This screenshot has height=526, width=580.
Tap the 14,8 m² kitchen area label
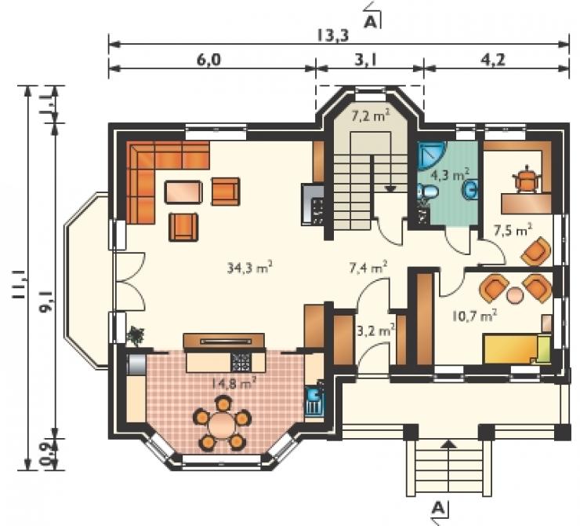234,382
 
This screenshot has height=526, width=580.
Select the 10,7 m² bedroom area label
474,316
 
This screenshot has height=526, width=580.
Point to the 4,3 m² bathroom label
450,174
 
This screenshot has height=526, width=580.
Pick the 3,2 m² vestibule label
375,330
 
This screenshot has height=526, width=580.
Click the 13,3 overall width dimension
333,36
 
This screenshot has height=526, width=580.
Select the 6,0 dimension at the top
208,60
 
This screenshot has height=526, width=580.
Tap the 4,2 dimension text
495,60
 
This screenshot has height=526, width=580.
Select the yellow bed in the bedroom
517,349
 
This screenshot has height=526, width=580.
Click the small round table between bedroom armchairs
515,296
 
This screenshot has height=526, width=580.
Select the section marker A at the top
371,22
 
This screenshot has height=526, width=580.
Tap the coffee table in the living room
183,192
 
